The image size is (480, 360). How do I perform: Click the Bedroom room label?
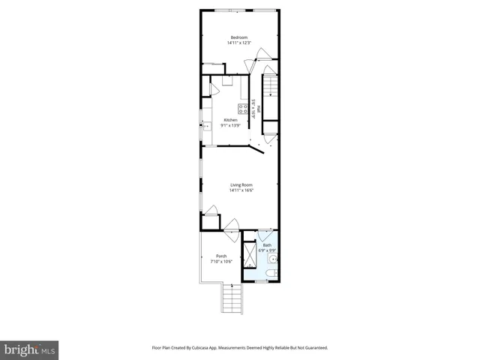click(239, 37)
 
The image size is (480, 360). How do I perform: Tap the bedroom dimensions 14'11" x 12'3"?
click(239, 43)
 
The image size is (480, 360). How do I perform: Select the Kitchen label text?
click(230, 120)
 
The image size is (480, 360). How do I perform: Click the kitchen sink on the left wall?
click(206, 125)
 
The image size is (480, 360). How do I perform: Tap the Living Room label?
click(241, 184)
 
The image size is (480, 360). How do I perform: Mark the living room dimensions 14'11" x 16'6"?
click(241, 190)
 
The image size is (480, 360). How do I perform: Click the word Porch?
click(220, 255)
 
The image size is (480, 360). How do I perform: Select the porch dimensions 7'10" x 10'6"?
click(220, 260)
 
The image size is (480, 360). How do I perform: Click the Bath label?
click(268, 244)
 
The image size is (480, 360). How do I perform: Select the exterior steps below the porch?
click(232, 301)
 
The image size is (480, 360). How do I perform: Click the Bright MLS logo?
click(30, 349)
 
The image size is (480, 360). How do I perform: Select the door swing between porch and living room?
click(231, 223)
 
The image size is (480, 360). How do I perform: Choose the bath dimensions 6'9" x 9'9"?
click(268, 250)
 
